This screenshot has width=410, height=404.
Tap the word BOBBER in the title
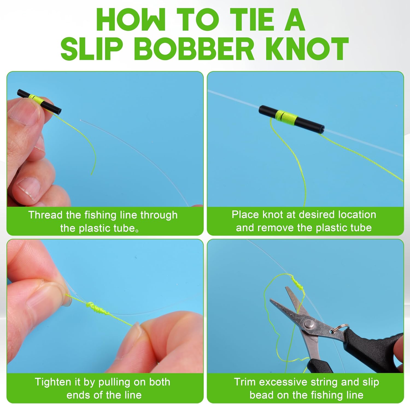(194, 49)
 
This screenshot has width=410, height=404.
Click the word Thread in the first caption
(45, 215)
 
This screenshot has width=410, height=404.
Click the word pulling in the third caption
(115, 382)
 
